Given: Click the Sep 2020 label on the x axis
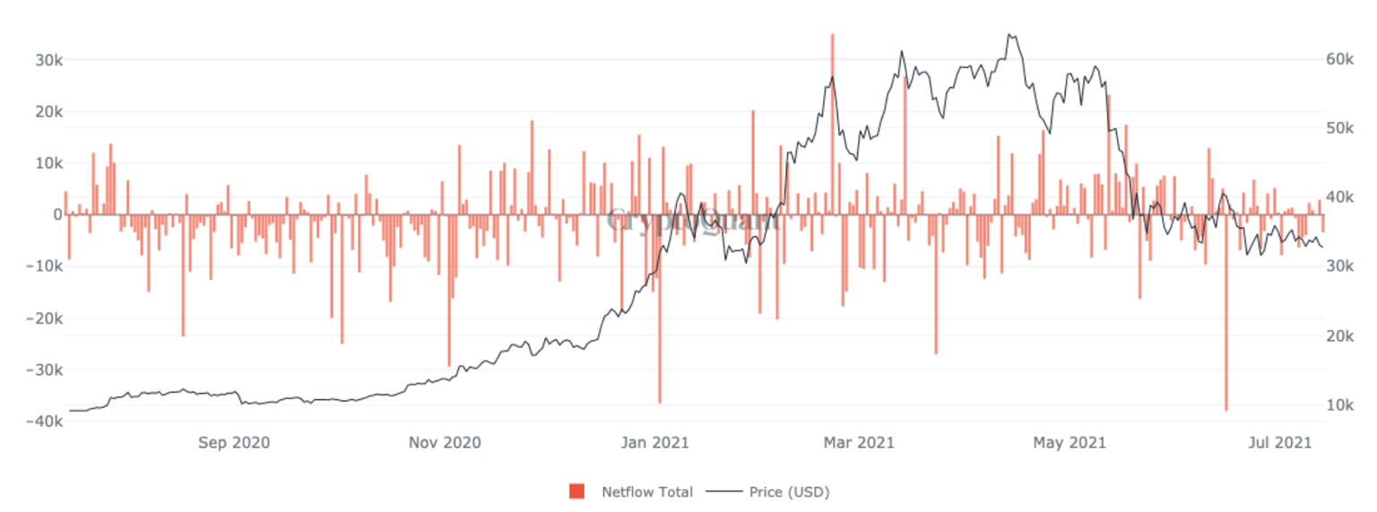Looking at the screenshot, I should [234, 442].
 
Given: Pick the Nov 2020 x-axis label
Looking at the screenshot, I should [445, 442].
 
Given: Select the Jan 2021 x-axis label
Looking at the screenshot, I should [654, 442].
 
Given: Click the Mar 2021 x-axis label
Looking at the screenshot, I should [860, 442].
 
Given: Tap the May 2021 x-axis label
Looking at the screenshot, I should [1070, 442].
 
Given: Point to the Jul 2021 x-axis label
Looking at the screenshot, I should [1275, 442].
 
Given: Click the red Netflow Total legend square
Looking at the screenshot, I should [576, 491].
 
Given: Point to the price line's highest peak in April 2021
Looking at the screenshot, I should [1009, 35].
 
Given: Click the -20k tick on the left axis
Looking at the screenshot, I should [45, 318].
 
